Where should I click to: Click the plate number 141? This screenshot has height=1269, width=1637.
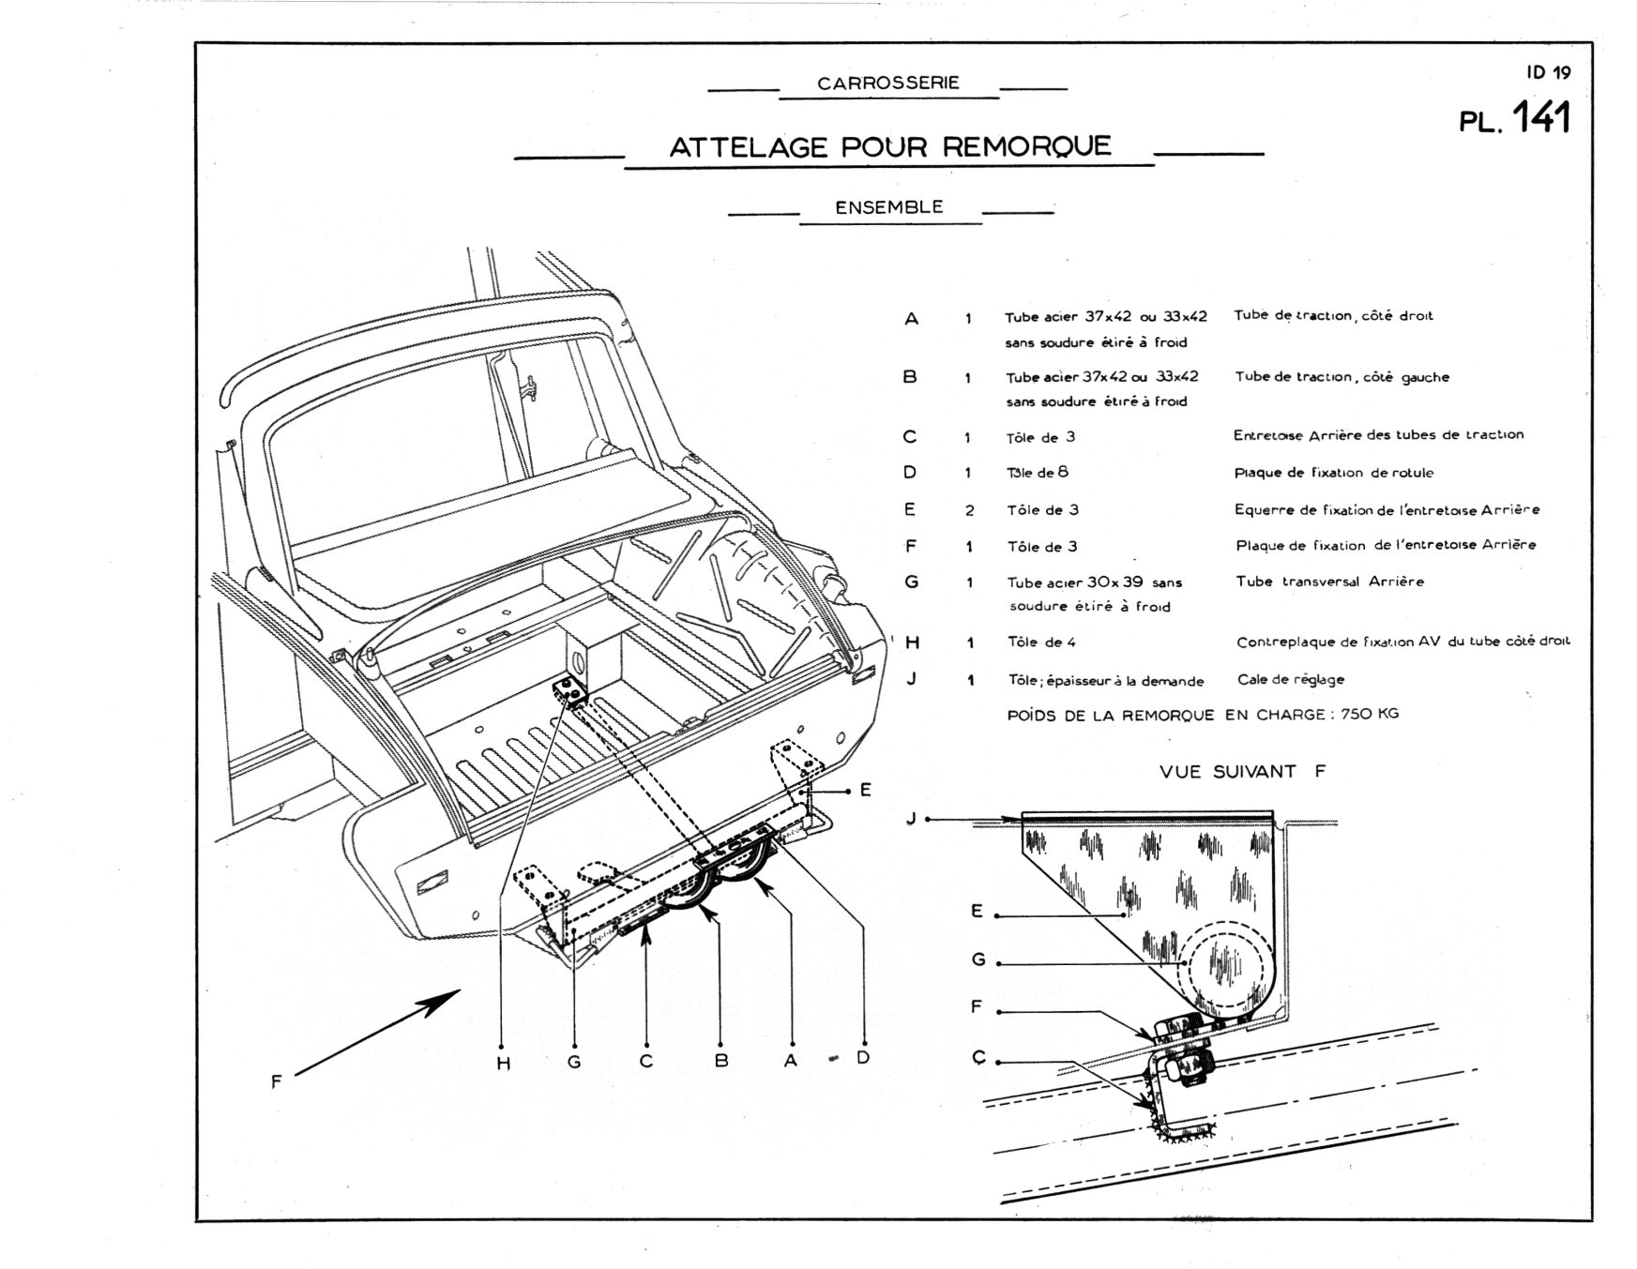pyautogui.click(x=1541, y=120)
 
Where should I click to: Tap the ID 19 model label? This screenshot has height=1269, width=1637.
pyautogui.click(x=1548, y=72)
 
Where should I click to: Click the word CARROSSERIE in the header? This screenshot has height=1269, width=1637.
pyautogui.click(x=888, y=83)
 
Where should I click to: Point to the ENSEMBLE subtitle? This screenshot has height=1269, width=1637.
pyautogui.click(x=889, y=207)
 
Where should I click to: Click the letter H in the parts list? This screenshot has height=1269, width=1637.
pyautogui.click(x=912, y=642)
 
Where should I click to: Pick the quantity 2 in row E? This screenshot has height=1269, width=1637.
pyautogui.click(x=970, y=511)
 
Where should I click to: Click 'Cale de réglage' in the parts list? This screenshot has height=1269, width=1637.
pyautogui.click(x=1291, y=680)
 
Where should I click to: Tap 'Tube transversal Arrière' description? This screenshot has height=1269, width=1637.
pyautogui.click(x=1329, y=582)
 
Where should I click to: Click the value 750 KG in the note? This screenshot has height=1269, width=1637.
pyautogui.click(x=1370, y=714)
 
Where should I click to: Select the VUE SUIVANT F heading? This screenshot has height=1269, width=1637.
pyautogui.click(x=1242, y=772)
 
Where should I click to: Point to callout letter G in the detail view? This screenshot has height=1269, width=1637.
pyautogui.click(x=978, y=959)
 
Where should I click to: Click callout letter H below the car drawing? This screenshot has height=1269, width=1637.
pyautogui.click(x=503, y=1063)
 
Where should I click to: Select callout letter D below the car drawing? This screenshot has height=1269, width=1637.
pyautogui.click(x=863, y=1058)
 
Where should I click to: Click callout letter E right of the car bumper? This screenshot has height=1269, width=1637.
pyautogui.click(x=866, y=790)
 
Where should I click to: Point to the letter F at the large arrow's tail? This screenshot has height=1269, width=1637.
pyautogui.click(x=277, y=1081)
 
